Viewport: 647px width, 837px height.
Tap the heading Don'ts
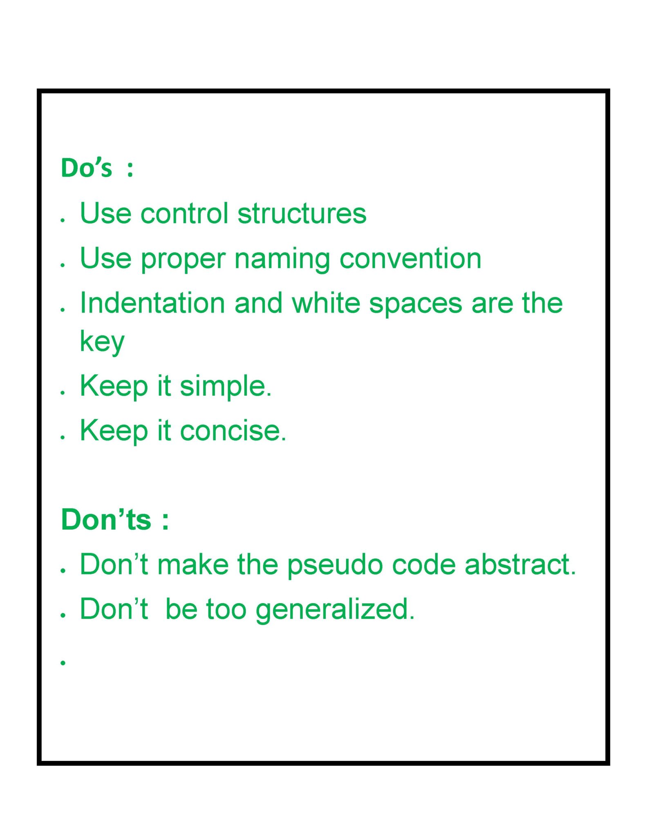point(106,519)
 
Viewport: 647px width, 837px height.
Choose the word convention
point(410,258)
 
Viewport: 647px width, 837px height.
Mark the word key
point(102,342)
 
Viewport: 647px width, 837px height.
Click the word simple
point(226,387)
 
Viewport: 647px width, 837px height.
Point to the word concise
point(233,430)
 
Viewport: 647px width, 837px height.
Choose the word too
point(226,609)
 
